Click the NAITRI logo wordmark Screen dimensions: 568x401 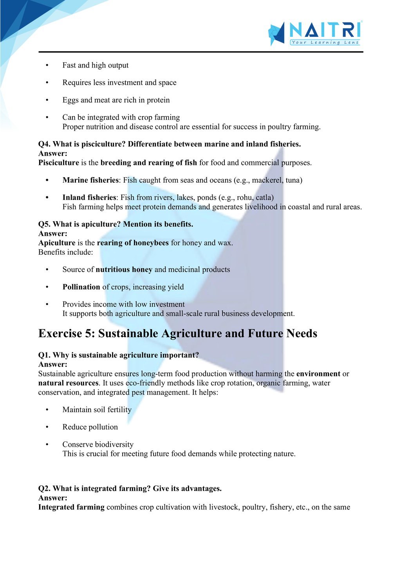325,30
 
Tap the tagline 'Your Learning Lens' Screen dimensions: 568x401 325,42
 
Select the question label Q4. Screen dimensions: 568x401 44,144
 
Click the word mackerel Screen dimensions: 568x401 267,180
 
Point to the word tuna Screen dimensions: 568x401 293,180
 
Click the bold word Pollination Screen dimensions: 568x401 81,287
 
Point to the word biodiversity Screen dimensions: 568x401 114,445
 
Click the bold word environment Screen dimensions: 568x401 318,374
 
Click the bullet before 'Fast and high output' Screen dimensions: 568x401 47,65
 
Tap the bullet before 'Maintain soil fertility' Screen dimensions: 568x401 47,410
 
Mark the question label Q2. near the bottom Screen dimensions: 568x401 44,488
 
